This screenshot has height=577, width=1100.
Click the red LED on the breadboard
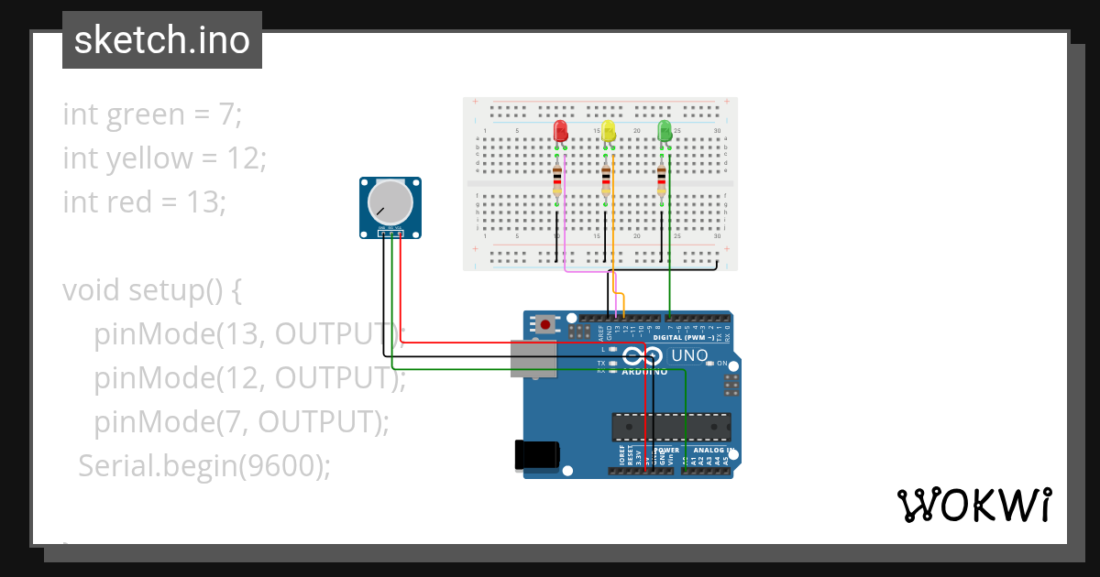[561, 131]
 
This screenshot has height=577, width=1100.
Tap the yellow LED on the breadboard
[608, 131]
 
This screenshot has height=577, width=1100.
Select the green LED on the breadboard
[665, 131]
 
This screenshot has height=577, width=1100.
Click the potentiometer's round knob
[390, 202]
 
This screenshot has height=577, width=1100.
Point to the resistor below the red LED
[557, 181]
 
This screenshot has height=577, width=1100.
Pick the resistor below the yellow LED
[605, 181]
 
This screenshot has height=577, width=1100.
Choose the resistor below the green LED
[662, 181]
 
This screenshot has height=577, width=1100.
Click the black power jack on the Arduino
[536, 455]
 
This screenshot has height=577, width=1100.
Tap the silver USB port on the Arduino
[533, 358]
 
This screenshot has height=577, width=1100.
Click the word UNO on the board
[689, 355]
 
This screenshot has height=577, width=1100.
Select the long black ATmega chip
[672, 427]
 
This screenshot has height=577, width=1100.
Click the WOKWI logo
[973, 505]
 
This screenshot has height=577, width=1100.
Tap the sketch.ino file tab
[162, 40]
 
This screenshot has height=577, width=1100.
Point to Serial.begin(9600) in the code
[203, 466]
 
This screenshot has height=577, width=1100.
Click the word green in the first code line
[146, 114]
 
